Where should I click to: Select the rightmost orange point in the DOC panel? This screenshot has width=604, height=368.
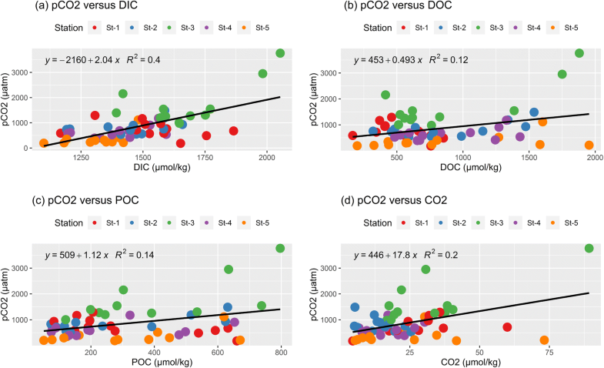[589, 145]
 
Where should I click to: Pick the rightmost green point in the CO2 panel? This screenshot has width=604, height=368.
[589, 248]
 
